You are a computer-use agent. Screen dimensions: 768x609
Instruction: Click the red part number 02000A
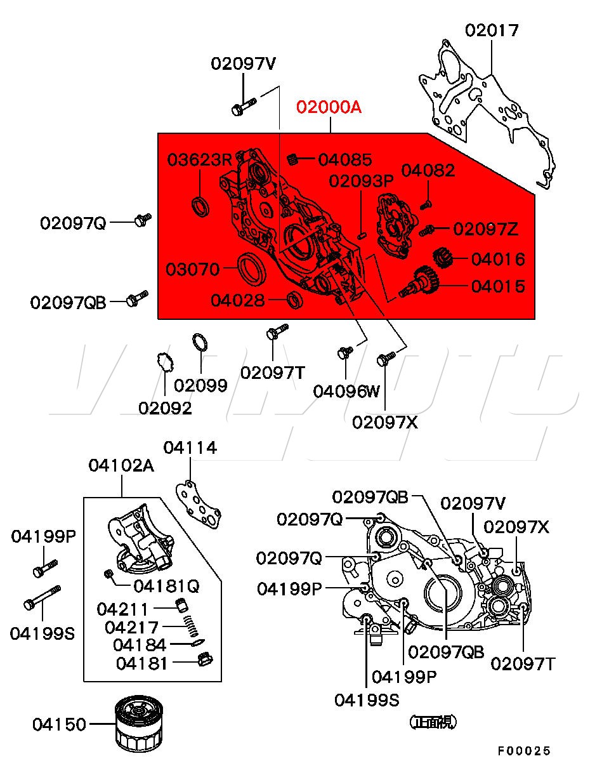click(x=329, y=107)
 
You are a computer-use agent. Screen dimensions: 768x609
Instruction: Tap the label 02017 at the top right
click(x=492, y=30)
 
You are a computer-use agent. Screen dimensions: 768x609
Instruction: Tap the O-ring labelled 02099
click(x=200, y=342)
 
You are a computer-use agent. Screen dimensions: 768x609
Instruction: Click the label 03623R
click(x=199, y=160)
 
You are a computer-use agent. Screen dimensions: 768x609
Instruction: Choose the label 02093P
click(x=361, y=181)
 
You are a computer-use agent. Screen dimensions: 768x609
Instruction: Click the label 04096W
click(x=346, y=391)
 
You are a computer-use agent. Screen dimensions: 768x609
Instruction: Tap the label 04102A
click(x=121, y=466)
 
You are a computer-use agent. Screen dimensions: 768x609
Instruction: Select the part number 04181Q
click(x=166, y=586)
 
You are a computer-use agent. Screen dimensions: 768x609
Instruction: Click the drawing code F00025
click(x=523, y=751)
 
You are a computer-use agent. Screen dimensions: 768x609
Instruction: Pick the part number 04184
click(x=139, y=645)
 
